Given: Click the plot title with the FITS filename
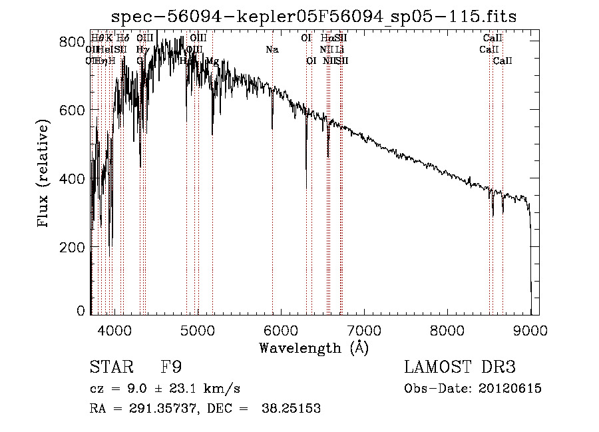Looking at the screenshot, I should pos(313,16).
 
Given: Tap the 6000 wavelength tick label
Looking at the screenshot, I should pos(280,328).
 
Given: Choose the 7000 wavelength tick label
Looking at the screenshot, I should pos(364,328).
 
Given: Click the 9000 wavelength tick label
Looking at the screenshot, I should pos(530,328).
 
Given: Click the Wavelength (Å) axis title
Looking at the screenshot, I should pos(313,347).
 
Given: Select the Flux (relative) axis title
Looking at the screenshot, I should pos(45,174).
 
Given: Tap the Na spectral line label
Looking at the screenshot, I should pos(272,49).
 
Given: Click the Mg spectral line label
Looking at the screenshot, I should pos(212,61).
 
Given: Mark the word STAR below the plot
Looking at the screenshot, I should pos(110,367).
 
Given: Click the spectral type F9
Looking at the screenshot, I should pos(170,367).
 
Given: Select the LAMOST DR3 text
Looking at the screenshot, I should pos(460,367).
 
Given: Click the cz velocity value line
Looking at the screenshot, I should pos(164,389).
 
